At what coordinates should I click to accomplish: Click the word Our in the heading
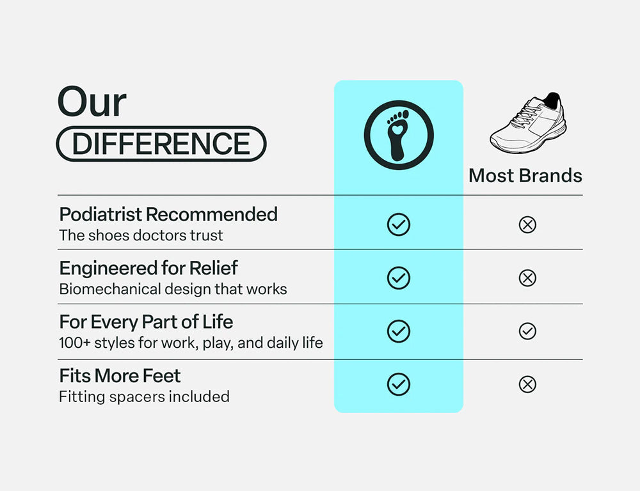pyautogui.click(x=92, y=102)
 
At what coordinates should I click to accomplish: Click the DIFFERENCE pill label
pyautogui.click(x=161, y=143)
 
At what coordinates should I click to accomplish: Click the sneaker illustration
pyautogui.click(x=529, y=124)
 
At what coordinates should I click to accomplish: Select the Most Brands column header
pyautogui.click(x=525, y=176)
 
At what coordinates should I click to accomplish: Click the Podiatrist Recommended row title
pyautogui.click(x=168, y=214)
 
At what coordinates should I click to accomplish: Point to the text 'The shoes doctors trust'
pyautogui.click(x=141, y=235)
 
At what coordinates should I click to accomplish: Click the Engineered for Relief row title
pyautogui.click(x=148, y=268)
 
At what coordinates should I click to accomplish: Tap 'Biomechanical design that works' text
pyautogui.click(x=173, y=289)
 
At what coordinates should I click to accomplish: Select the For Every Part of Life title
pyautogui.click(x=146, y=322)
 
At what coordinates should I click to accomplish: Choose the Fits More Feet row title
pyautogui.click(x=120, y=375)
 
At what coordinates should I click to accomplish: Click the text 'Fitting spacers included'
pyautogui.click(x=144, y=396)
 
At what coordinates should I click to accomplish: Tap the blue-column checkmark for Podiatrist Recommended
pyautogui.click(x=399, y=224)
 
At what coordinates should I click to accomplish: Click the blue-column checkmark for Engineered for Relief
pyautogui.click(x=399, y=278)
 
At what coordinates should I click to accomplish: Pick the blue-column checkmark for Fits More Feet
pyautogui.click(x=399, y=384)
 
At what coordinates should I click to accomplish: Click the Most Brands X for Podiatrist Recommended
pyautogui.click(x=527, y=224)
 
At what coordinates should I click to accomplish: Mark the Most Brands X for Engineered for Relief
pyautogui.click(x=527, y=278)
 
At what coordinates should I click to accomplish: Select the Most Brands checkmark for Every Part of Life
pyautogui.click(x=527, y=331)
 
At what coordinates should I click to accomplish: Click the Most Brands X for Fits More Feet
pyautogui.click(x=527, y=384)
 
